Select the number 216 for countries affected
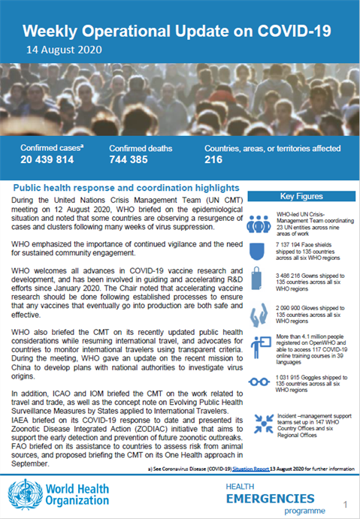point(214,161)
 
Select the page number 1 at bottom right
point(345,504)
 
